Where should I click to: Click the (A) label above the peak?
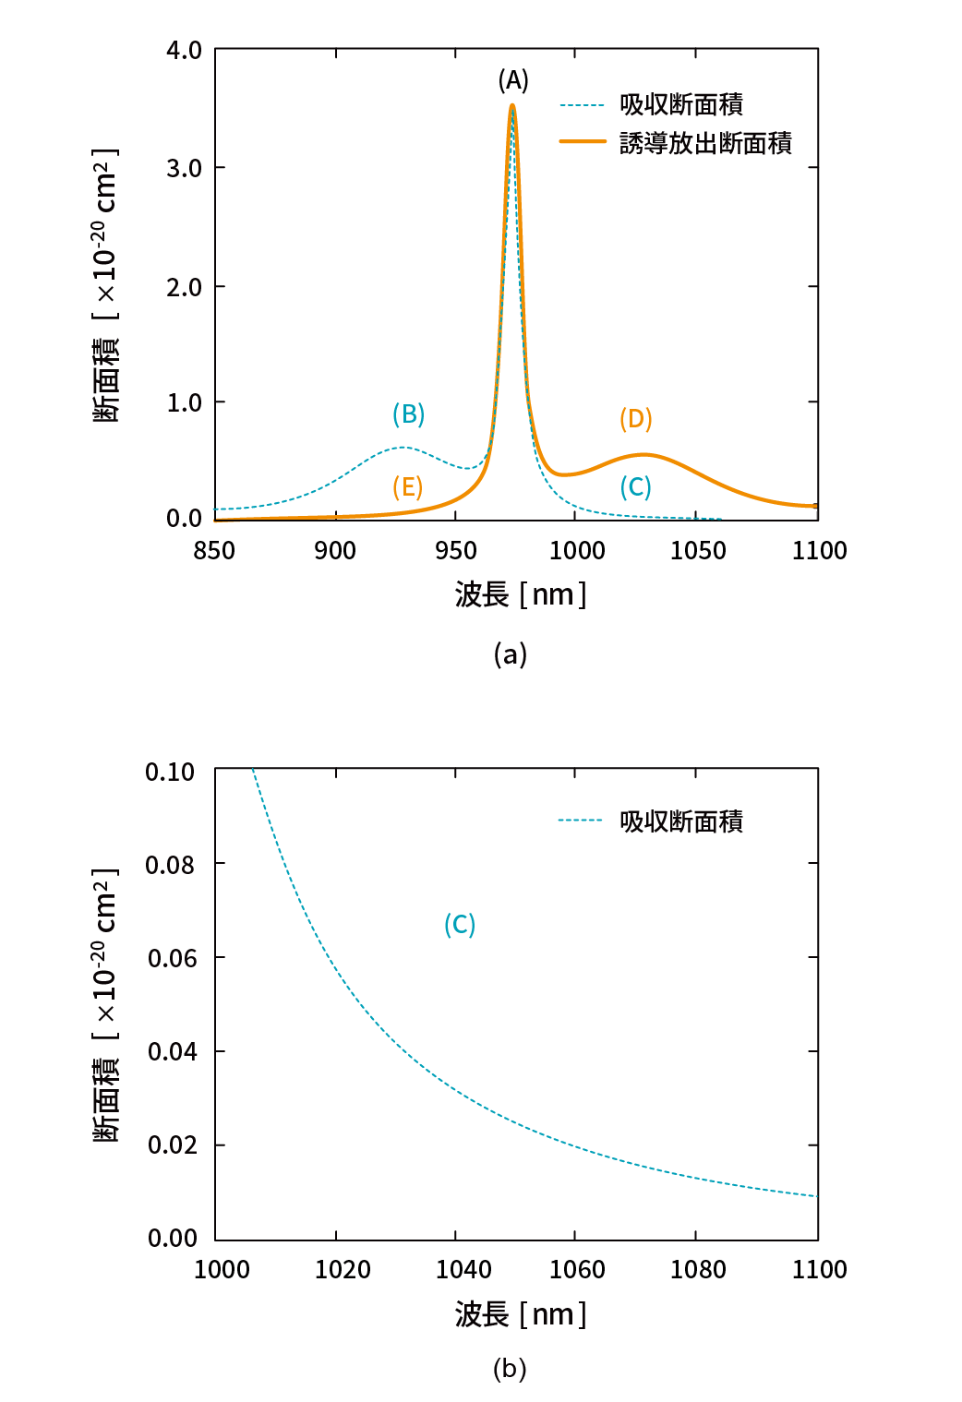pyautogui.click(x=513, y=80)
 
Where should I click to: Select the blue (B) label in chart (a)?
pyautogui.click(x=408, y=413)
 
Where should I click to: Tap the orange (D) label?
pyautogui.click(x=635, y=419)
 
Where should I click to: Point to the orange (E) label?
pyautogui.click(x=407, y=486)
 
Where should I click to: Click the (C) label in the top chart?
pyautogui.click(x=635, y=486)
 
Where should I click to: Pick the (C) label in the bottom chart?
pyautogui.click(x=459, y=924)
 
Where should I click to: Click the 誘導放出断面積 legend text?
pyautogui.click(x=705, y=143)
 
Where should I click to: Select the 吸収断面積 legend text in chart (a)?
pyautogui.click(x=681, y=105)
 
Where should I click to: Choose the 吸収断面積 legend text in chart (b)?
pyautogui.click(x=681, y=821)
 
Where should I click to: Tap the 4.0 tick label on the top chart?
pyautogui.click(x=184, y=51)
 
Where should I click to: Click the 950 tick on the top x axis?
pyautogui.click(x=455, y=551)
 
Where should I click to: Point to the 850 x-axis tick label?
pyautogui.click(x=214, y=551)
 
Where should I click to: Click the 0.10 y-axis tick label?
pyautogui.click(x=170, y=772)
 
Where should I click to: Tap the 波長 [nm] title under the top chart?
pyautogui.click(x=520, y=594)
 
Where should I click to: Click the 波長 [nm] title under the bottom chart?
pyautogui.click(x=520, y=1313)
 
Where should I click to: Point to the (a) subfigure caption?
pyautogui.click(x=510, y=654)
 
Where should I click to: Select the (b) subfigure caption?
pyautogui.click(x=510, y=1368)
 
